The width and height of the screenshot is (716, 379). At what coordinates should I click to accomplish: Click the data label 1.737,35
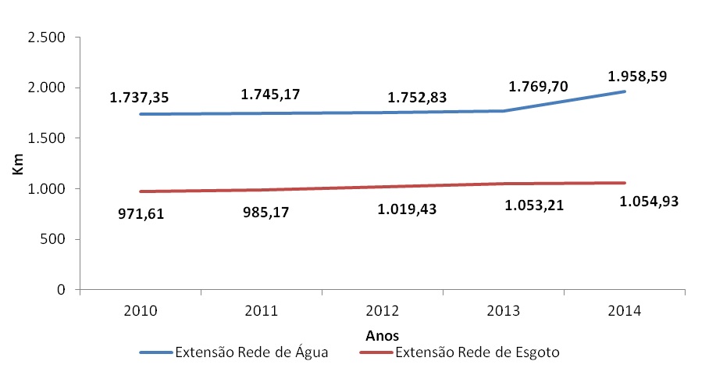(139, 98)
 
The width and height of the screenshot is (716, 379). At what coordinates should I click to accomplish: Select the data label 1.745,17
(270, 95)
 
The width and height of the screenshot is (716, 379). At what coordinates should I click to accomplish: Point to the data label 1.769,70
(537, 88)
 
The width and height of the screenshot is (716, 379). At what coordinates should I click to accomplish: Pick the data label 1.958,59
(637, 77)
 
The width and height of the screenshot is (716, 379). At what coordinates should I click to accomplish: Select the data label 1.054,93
(649, 202)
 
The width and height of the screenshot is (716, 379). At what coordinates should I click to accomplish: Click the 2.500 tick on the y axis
(46, 38)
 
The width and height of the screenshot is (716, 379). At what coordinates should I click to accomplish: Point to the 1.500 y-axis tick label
(46, 138)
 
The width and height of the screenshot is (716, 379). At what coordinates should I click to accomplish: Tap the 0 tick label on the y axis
(60, 290)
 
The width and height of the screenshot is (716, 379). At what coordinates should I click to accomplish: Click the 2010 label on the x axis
(140, 311)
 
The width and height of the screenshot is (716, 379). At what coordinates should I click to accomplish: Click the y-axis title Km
(16, 163)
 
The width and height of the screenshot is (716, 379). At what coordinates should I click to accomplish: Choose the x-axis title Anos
(383, 334)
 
